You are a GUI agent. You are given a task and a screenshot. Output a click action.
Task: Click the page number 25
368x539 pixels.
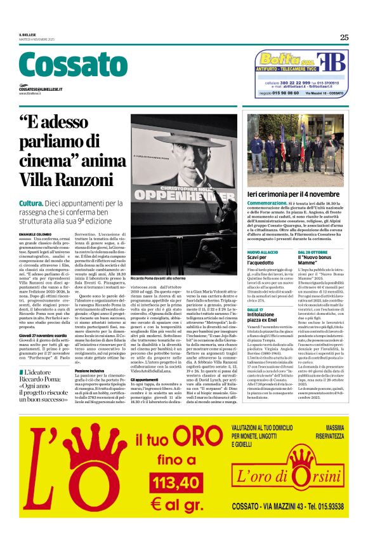[344, 37]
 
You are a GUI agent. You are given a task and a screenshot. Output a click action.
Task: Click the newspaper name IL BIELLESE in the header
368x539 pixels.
[29, 34]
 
